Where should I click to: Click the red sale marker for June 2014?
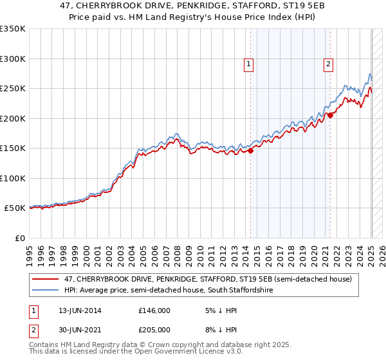coord(251,151)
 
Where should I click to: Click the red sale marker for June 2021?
coord(331,115)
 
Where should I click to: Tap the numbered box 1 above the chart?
coord(248,63)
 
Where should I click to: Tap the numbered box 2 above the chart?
coord(328,63)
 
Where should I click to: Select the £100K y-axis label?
coord(14,178)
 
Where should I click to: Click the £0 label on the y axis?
coord(19,238)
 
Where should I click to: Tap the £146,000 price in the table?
coord(154,310)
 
